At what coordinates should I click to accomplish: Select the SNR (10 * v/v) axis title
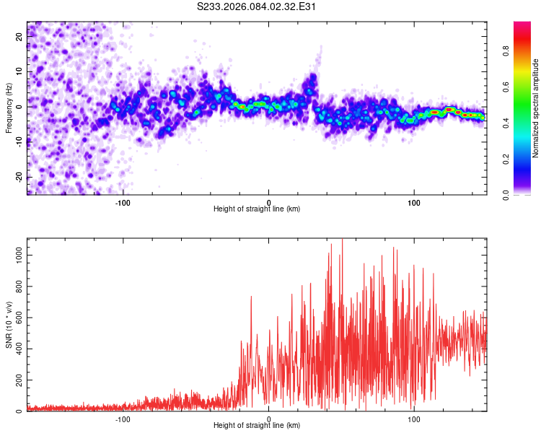coord(9,325)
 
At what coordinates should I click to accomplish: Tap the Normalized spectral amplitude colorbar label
coord(535,108)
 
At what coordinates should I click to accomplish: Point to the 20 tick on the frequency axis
coord(19,38)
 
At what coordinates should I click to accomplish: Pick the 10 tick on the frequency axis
coord(19,72)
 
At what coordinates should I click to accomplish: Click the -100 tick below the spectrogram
coord(123,202)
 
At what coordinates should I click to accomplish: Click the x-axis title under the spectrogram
coord(257,209)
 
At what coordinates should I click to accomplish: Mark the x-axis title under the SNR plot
coord(257,426)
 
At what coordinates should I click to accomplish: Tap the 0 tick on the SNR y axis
coord(19,411)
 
